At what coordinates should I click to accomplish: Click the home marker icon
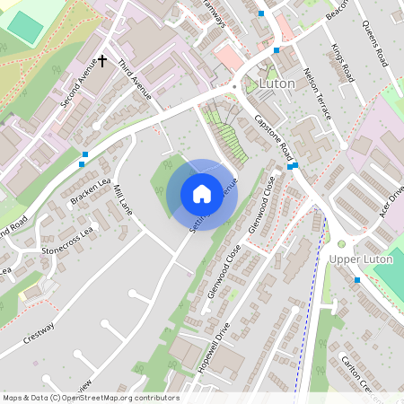[202, 193]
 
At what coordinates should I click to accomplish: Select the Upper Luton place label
[361, 259]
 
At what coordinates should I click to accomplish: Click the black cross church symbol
[101, 61]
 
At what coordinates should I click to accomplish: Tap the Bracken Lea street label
[92, 183]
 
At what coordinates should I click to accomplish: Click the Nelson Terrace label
[318, 93]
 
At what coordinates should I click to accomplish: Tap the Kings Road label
[343, 63]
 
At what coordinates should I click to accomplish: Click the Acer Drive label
[393, 199]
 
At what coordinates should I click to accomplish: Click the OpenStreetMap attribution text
[91, 398]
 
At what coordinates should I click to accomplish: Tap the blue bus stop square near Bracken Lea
[83, 155]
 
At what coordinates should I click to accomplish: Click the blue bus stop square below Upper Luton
[357, 280]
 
